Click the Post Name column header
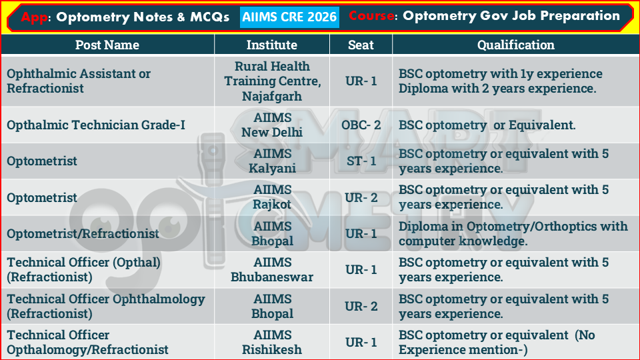point(107,45)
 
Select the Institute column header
point(271,45)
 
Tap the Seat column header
point(361,45)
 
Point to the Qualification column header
point(515,45)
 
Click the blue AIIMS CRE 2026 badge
point(289,17)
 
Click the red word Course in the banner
point(371,16)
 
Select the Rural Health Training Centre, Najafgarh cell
point(272,81)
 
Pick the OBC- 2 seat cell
point(361,125)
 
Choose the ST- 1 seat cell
point(361,161)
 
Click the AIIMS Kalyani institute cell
point(272,161)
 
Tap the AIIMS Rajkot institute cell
point(272,197)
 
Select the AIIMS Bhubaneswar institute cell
point(272,269)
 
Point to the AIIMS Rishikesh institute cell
point(272,342)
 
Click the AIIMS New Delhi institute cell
point(272,125)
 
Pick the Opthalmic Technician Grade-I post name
point(96,125)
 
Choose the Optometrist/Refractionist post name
point(83,233)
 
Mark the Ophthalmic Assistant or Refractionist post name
point(79,81)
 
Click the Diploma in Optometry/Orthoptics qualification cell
point(513,233)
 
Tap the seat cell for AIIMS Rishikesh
point(361,342)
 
